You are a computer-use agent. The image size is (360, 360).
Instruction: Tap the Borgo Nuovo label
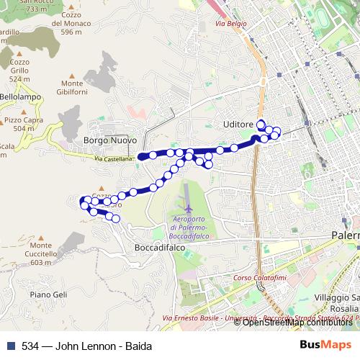pos(109,140)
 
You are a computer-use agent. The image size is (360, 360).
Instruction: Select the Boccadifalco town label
pos(160,247)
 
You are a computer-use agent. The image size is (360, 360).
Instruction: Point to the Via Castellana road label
pos(114,158)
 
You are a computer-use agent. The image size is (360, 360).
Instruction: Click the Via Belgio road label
pos(230,24)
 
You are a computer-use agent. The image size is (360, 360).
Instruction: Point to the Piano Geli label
pos(49,294)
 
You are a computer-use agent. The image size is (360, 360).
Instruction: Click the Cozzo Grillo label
pos(19,66)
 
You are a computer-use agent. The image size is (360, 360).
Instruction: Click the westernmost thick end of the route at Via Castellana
pos(141,156)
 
